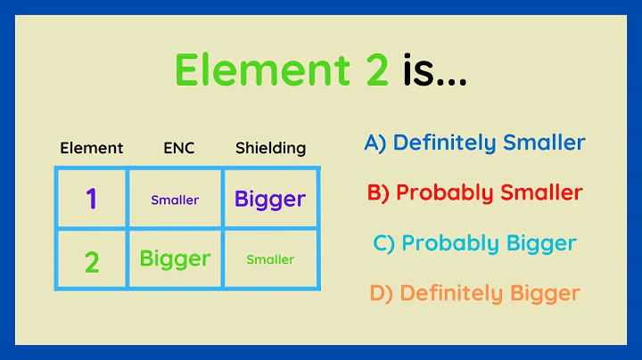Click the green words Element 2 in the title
(282, 70)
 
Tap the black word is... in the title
(433, 70)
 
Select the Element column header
(91, 148)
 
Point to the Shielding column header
(270, 148)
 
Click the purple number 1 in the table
(91, 199)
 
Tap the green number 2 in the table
(91, 261)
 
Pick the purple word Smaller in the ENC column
(175, 200)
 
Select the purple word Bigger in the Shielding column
(270, 199)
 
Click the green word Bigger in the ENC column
(175, 258)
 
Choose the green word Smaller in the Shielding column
(270, 259)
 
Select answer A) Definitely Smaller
(474, 143)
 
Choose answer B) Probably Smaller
(474, 192)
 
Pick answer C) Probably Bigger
(474, 242)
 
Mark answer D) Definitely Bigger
(474, 292)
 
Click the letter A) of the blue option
(375, 143)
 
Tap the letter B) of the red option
(378, 192)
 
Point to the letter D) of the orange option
(380, 292)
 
